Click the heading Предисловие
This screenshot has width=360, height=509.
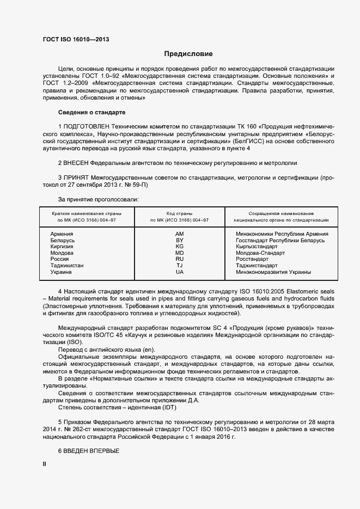[188, 54]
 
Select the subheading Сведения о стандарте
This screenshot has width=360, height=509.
[91, 112]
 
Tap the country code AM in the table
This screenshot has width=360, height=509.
[179, 234]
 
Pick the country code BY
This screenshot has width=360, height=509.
[179, 240]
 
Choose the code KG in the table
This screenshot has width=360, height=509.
[179, 247]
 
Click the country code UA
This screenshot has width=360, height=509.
[179, 272]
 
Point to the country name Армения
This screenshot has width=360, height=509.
[62, 234]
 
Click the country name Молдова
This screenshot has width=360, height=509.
[62, 253]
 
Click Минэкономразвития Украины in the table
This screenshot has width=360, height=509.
[273, 272]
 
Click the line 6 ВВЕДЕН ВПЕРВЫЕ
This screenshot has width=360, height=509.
[88, 451]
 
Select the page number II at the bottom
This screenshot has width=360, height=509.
[45, 464]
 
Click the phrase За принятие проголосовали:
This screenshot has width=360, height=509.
[98, 199]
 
